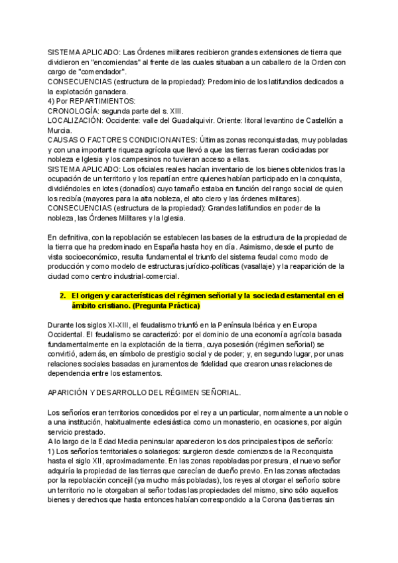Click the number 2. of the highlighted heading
click(x=63, y=295)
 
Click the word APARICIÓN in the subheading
click(x=70, y=392)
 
